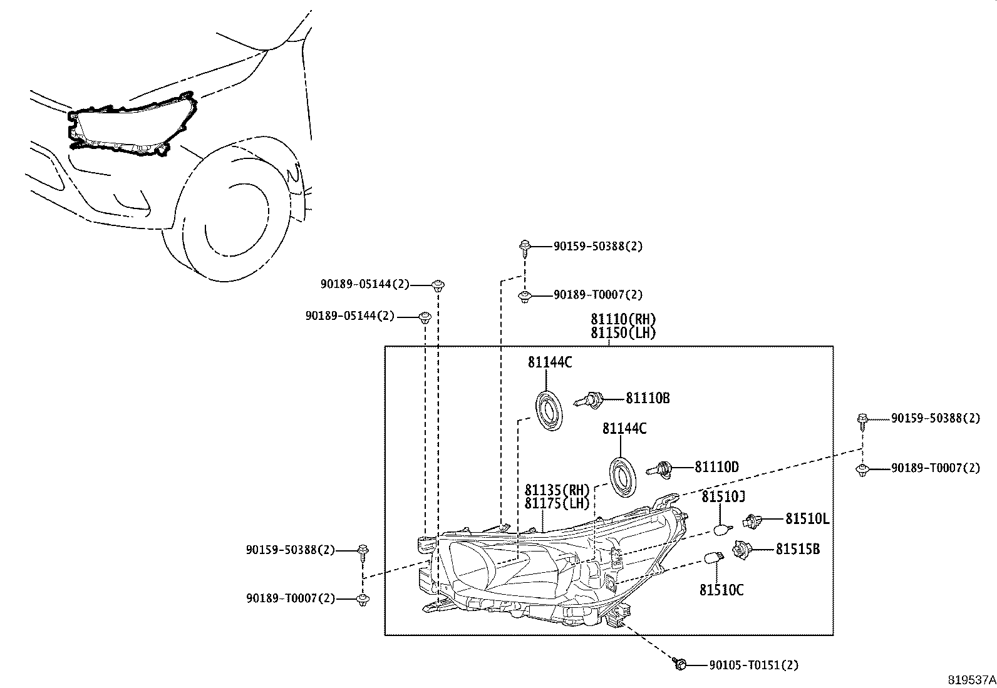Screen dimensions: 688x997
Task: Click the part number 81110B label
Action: [x=648, y=398]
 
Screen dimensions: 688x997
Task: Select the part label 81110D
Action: [x=716, y=467]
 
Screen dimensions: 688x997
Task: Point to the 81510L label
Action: [x=807, y=518]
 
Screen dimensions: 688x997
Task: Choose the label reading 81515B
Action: [x=798, y=549]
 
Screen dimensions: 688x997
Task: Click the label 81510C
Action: [x=721, y=590]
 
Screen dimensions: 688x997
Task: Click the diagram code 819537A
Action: [x=970, y=679]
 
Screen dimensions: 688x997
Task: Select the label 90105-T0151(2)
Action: [x=754, y=665]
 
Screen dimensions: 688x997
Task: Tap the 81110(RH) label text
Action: [x=623, y=319]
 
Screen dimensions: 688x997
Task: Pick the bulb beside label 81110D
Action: [x=663, y=468]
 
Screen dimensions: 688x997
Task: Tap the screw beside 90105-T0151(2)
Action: [x=680, y=664]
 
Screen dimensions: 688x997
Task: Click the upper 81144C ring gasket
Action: [x=549, y=411]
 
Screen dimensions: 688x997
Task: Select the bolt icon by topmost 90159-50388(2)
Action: [x=524, y=246]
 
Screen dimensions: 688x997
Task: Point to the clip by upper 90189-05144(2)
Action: [x=438, y=285]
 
